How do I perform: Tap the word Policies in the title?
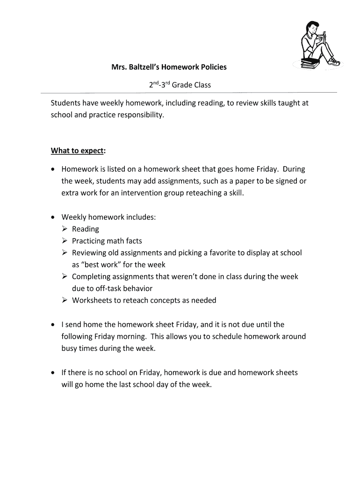pyautogui.click(x=211, y=67)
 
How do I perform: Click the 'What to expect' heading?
pyautogui.click(x=78, y=151)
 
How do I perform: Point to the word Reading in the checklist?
pyautogui.click(x=86, y=229)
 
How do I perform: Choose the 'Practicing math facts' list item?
pyautogui.click(x=107, y=241)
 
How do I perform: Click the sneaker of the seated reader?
pyautogui.click(x=334, y=61)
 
